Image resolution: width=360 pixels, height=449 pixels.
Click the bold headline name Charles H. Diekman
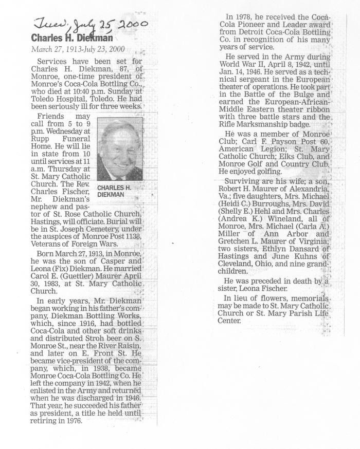71,38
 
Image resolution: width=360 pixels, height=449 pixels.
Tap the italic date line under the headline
78,50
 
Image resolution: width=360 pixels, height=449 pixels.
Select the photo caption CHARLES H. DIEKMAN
114,191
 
